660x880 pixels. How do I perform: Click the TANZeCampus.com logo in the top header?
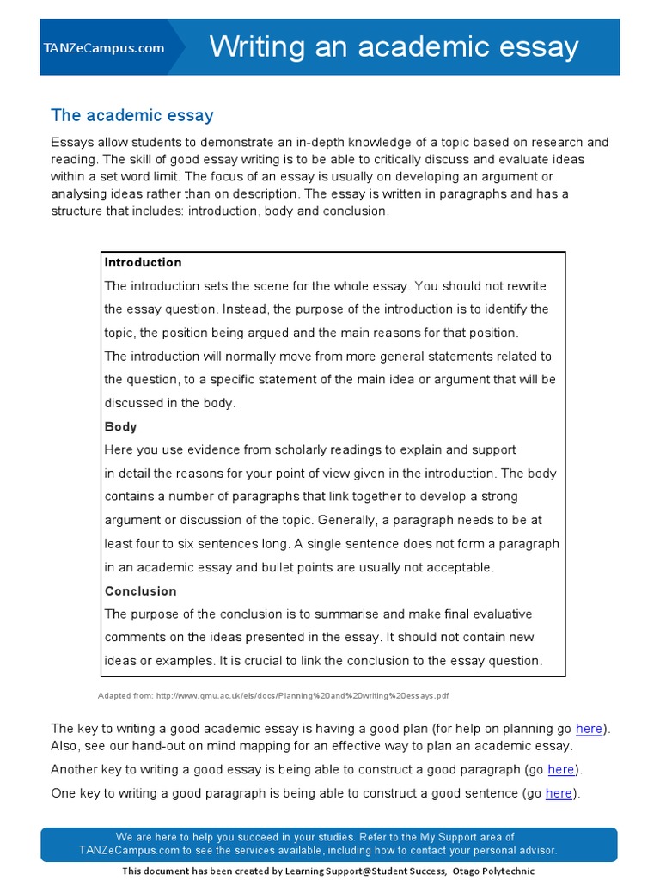point(103,48)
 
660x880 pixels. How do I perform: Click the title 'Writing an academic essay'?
point(394,46)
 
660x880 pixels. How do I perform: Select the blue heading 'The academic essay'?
point(131,115)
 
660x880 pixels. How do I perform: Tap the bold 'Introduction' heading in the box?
point(143,262)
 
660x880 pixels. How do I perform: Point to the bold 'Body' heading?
point(120,426)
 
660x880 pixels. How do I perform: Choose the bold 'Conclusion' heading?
point(140,590)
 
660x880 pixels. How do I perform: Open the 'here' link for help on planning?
point(589,728)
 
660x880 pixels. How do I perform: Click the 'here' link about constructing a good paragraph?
point(560,769)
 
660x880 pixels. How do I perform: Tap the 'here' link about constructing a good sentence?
point(558,793)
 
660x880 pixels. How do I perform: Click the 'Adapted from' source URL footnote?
point(273,695)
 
